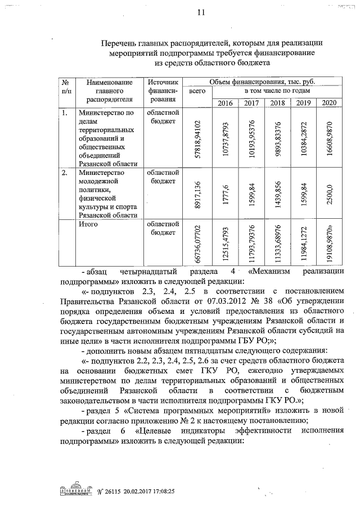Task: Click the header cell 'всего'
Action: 197,91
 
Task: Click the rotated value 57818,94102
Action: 197,138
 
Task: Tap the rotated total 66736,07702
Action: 197,243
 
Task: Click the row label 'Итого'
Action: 88,225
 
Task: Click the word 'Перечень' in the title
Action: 120,43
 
